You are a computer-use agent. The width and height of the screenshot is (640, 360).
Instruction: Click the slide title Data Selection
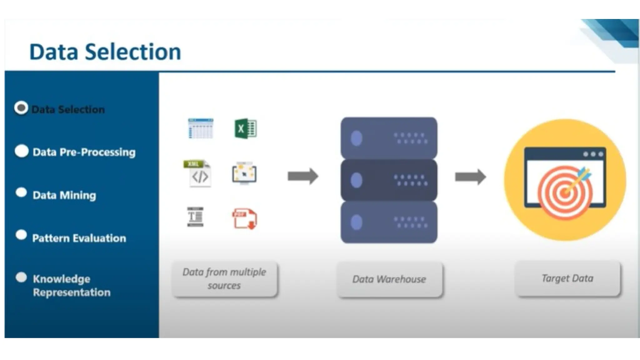pos(105,52)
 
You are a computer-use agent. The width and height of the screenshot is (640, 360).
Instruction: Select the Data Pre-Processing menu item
pos(84,152)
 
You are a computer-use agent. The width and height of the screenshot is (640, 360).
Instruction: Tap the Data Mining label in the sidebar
pos(64,195)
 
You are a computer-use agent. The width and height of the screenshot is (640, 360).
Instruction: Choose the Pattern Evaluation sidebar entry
pos(79,238)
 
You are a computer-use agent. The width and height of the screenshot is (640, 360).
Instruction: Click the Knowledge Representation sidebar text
pos(72,285)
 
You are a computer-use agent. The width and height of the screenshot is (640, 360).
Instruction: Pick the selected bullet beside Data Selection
pos(21,108)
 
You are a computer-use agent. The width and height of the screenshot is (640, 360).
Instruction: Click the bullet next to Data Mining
pos(21,193)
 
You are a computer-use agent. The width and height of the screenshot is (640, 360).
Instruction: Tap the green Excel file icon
pos(245,128)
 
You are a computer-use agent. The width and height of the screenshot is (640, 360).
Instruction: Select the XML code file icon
pos(197,174)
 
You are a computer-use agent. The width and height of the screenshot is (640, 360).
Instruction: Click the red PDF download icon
pos(244,218)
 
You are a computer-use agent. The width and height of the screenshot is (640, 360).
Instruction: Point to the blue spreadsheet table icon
pos(200,128)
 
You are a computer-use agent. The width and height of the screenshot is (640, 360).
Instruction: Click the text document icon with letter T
pos(195,217)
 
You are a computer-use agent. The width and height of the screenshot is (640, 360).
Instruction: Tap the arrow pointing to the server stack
pos(302,176)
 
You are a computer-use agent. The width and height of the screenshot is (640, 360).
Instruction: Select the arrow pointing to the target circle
pos(470,177)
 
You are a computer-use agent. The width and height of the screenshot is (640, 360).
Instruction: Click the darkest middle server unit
pos(389,180)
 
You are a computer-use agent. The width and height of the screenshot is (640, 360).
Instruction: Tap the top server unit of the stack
pos(389,138)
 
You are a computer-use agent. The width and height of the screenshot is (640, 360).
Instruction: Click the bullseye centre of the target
pos(564,193)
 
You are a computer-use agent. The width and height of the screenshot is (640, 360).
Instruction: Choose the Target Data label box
pos(567,278)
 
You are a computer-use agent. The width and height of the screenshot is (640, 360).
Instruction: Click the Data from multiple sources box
pos(224,279)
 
